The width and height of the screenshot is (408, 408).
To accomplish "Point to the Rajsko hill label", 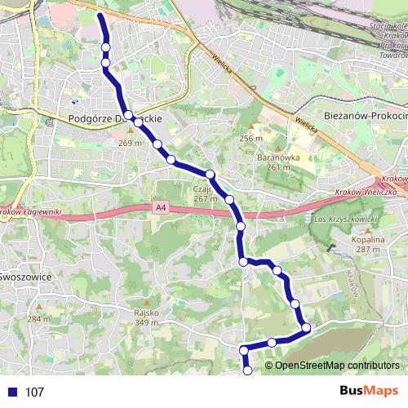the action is (x=146, y=312).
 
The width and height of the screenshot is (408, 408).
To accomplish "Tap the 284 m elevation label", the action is (x=38, y=318).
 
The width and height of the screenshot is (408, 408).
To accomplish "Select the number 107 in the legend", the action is (x=33, y=392).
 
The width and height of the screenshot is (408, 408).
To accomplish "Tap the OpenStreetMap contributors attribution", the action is (x=338, y=366).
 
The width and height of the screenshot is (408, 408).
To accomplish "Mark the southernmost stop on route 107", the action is (x=248, y=371).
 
